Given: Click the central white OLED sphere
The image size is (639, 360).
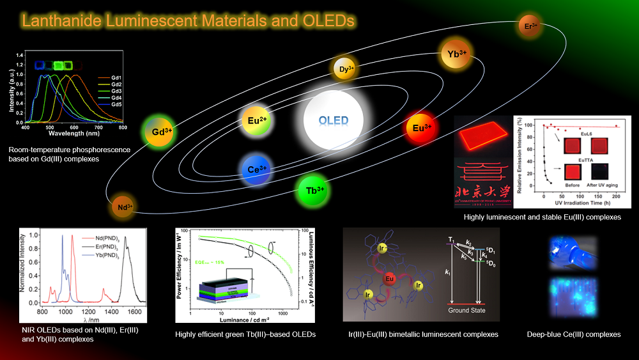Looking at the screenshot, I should coord(334,120).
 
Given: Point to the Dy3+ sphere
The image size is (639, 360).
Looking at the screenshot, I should coord(345,68).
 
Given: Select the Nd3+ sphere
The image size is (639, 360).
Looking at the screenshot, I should coord(124,207).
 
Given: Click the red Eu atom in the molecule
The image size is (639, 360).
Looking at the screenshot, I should coord(388,278).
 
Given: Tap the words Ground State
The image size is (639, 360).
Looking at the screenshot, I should coord(467,310).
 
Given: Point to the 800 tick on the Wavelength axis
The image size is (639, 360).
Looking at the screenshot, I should coord(122,128).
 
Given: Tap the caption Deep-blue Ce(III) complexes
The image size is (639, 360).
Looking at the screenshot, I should coord(573,334).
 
